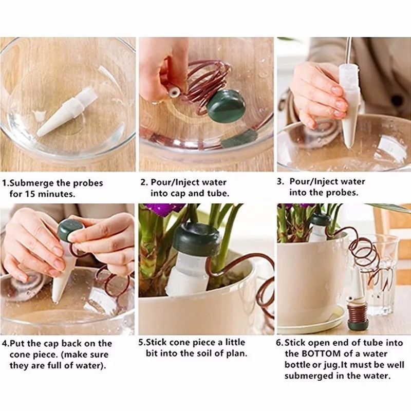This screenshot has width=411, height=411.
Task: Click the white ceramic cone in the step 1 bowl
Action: coord(67,112)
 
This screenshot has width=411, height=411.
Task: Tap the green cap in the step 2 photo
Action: coord(226,106)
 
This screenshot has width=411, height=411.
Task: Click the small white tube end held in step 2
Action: coord(174,92)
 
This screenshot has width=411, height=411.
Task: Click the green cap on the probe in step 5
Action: coord(197,239)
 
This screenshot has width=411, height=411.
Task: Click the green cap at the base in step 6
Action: coord(358,324)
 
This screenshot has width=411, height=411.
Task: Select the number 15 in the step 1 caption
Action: coord(30,194)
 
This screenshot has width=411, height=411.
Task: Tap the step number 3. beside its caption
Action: coord(280,182)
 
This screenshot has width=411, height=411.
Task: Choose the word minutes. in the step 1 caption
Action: coord(57,194)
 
